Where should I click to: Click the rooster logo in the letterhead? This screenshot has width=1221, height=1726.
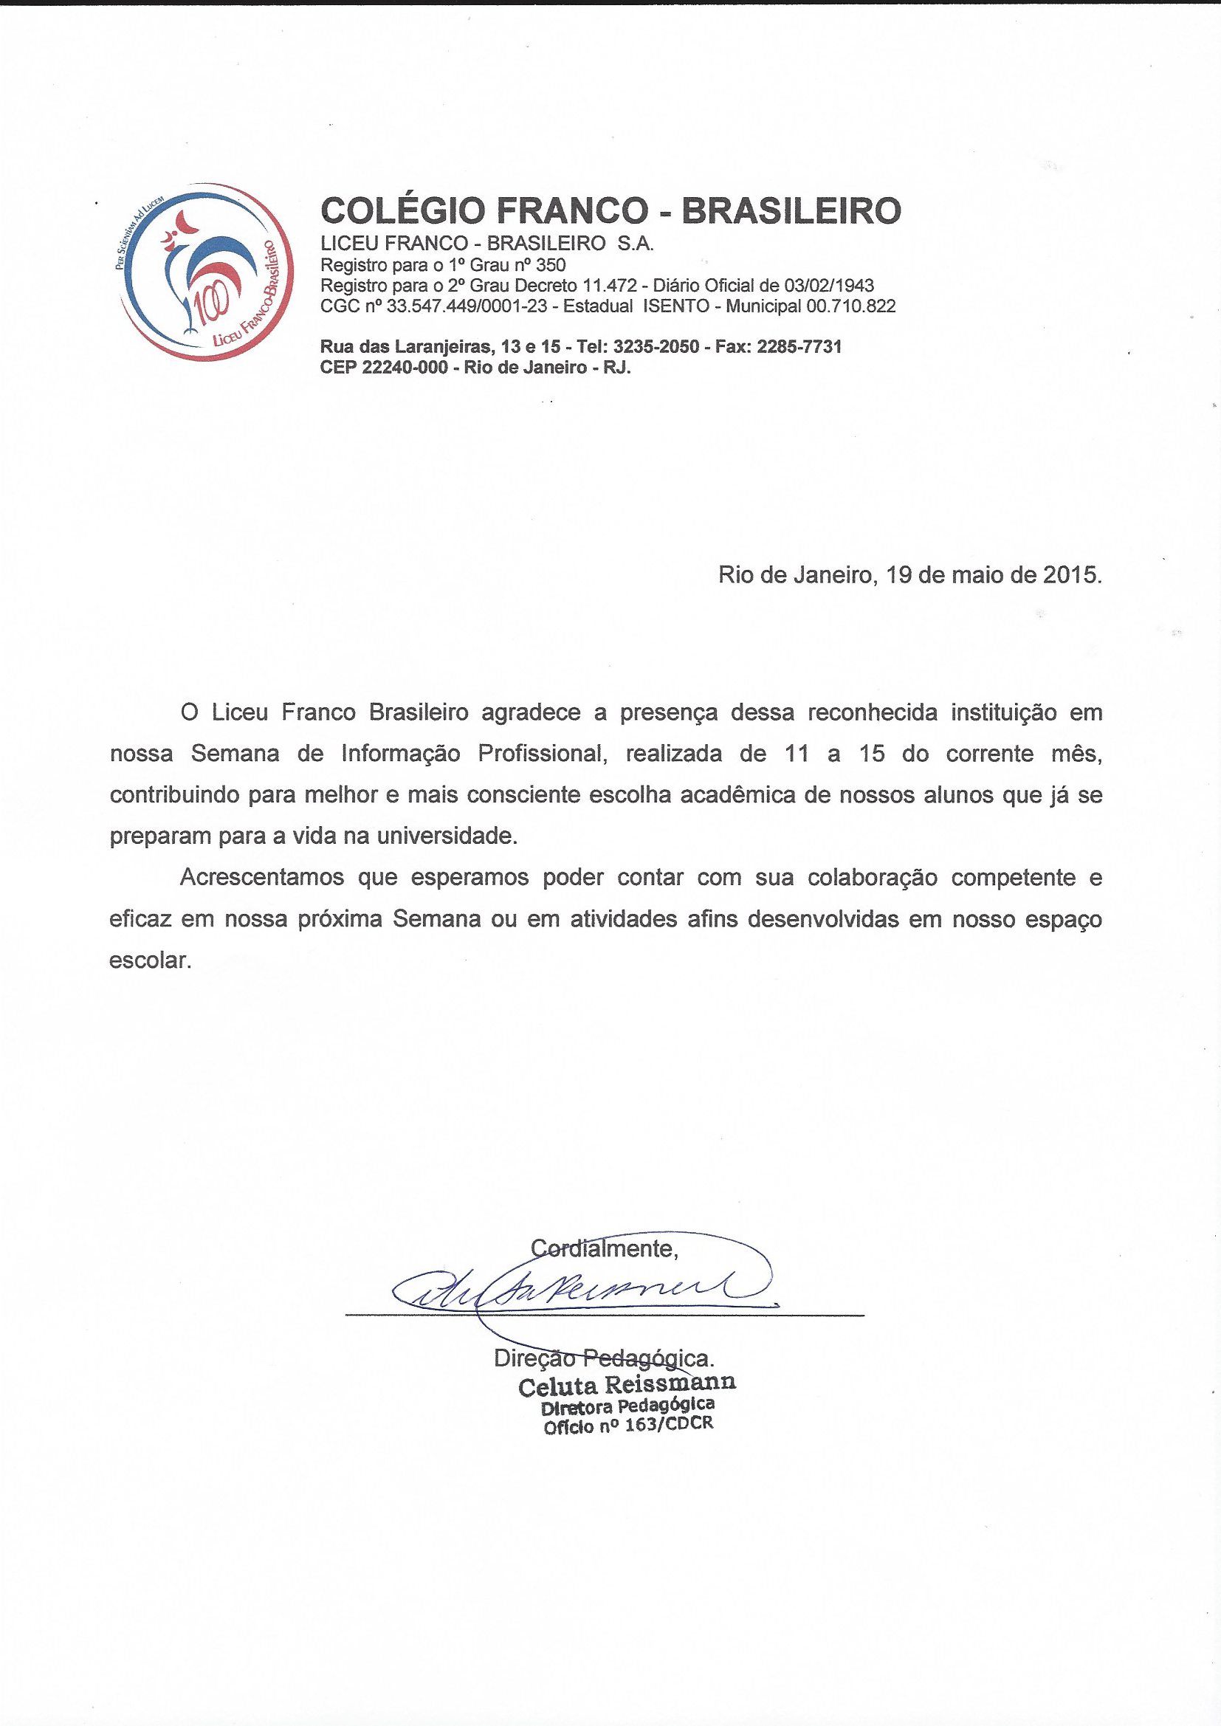pyautogui.click(x=206, y=272)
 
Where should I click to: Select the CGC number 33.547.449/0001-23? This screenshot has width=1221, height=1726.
pyautogui.click(x=466, y=306)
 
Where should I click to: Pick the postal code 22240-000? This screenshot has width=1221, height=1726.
pyautogui.click(x=405, y=368)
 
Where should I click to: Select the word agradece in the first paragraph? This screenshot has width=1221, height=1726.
pyautogui.click(x=531, y=712)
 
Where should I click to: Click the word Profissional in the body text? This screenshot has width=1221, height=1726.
pyautogui.click(x=542, y=753)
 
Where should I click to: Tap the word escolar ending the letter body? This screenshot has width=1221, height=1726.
pyautogui.click(x=150, y=960)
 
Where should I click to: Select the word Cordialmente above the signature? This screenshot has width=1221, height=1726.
pyautogui.click(x=604, y=1248)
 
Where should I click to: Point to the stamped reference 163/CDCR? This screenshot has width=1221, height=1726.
pyautogui.click(x=668, y=1425)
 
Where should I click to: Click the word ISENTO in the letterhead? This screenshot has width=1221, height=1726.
pyautogui.click(x=676, y=306)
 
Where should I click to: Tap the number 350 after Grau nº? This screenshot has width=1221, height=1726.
pyautogui.click(x=551, y=264)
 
